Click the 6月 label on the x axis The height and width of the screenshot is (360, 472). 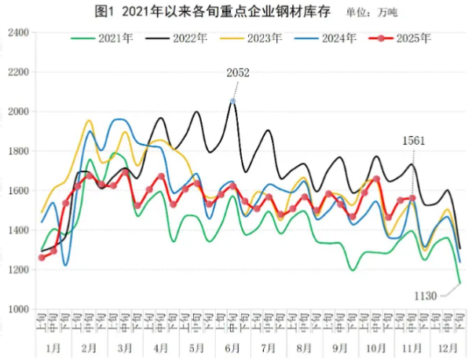(232, 347)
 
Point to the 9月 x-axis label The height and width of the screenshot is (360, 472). (340, 347)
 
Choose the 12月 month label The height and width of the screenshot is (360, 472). (448, 347)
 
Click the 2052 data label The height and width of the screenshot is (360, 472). (237, 73)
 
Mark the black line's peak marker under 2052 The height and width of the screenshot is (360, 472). (232, 101)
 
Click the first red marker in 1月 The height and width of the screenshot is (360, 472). (42, 257)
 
